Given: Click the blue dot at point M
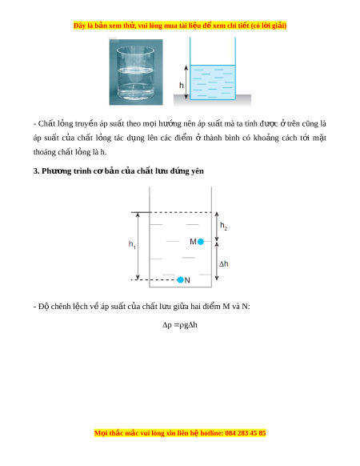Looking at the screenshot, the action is point(201,242).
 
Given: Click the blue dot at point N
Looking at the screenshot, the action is point(180,279).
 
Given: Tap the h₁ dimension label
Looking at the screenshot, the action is point(132,244).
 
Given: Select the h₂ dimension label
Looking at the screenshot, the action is point(223,226).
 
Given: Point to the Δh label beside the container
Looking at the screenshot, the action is point(224,263).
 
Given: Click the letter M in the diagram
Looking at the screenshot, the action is point(193,242).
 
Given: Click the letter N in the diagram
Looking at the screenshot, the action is point(187,280).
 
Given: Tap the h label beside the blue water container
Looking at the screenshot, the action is point(181,86).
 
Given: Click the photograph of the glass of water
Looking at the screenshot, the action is point(136,72).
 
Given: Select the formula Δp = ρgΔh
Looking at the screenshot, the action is point(180,325).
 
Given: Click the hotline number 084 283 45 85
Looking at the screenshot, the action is point(246,433).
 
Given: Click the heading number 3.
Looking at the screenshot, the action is point(36,171).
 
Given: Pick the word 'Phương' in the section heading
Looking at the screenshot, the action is point(56,171).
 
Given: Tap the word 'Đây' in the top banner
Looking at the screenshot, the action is point(79,26).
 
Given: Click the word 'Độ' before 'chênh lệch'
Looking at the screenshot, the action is point(43,307).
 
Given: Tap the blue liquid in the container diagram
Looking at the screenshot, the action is point(212,82).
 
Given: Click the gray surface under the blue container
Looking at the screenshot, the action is point(212,100).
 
